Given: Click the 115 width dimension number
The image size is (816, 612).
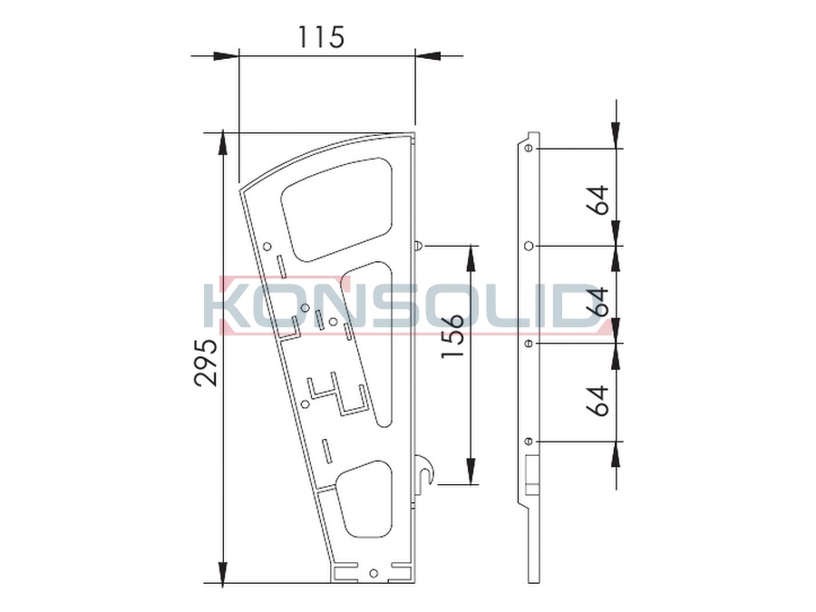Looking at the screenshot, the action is click(321, 37).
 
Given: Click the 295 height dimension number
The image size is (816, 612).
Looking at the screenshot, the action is click(205, 363).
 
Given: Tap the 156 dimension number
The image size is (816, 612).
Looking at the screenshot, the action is click(452, 335).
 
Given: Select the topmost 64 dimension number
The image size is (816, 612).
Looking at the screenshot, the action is click(598, 199).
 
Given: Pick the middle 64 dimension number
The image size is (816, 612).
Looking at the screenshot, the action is click(598, 301).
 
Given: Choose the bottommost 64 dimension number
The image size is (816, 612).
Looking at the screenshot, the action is click(598, 401).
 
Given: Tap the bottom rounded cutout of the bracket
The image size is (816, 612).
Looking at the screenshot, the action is click(364, 499).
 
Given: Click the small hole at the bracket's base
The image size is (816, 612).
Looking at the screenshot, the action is click(373, 573).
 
